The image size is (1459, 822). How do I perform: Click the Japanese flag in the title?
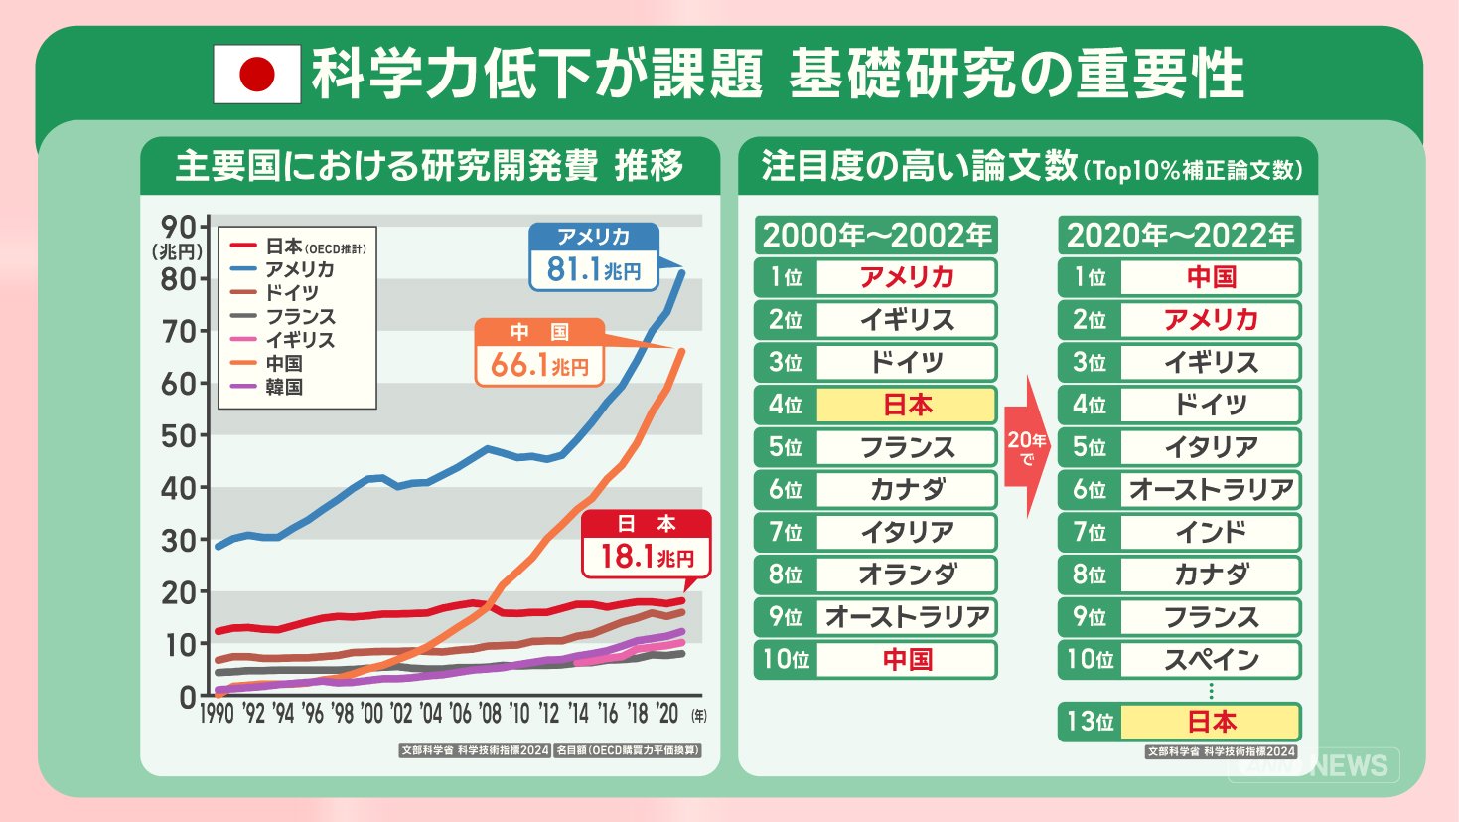click(257, 75)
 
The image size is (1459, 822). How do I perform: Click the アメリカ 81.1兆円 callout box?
click(594, 257)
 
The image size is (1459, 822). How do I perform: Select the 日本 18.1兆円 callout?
click(647, 544)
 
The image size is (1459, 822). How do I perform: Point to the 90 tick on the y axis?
click(179, 227)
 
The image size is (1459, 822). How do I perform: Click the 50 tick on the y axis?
click(179, 435)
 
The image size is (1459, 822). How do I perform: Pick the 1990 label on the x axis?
click(217, 713)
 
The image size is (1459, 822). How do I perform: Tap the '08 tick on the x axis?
click(490, 713)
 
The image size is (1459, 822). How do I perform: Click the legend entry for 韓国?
click(283, 387)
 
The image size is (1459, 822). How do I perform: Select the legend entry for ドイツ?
click(291, 293)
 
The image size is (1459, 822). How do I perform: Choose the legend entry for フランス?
click(300, 317)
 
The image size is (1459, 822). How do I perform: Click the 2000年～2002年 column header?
click(876, 236)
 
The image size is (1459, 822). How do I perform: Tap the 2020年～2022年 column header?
click(1179, 236)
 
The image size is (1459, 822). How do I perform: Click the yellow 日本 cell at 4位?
click(906, 405)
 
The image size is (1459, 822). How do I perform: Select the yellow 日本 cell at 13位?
click(1211, 722)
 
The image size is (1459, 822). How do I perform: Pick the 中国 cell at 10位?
click(906, 659)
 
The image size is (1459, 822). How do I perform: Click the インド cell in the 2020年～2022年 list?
click(1211, 532)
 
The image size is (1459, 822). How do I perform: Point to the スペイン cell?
click(1211, 659)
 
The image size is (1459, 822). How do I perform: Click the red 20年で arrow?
click(1027, 446)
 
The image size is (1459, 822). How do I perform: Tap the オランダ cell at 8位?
click(906, 575)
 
